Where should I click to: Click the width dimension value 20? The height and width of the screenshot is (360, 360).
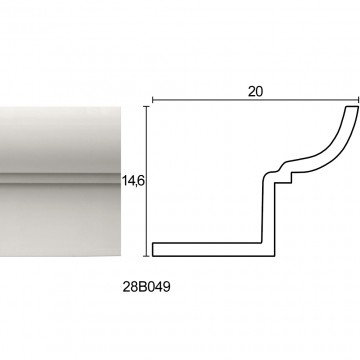[255, 91]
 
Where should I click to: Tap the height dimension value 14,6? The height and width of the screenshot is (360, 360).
[132, 181]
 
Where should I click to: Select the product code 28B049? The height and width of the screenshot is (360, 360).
[146, 287]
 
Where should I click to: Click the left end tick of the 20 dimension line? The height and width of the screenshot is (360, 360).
[153, 99]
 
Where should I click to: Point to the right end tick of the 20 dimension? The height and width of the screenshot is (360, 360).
[359, 99]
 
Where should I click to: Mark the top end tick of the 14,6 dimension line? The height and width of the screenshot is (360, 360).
[146, 106]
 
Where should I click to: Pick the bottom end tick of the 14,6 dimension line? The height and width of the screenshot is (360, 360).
[146, 256]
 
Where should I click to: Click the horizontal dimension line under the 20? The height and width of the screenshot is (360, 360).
[256, 99]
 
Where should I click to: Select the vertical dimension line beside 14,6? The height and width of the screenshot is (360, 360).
[146, 181]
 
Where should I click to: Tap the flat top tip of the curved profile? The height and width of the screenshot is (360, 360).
[352, 107]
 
